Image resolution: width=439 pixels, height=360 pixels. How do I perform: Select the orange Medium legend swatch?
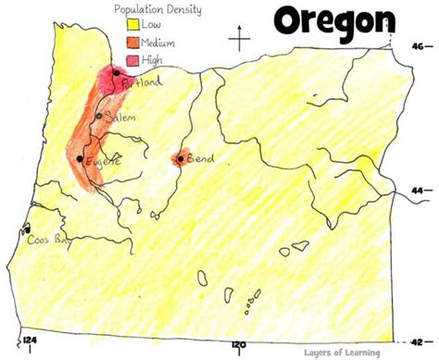pos(118,43)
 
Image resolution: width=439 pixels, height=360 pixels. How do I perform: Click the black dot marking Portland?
pos(116,72)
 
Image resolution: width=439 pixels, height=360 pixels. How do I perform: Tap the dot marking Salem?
pos(99,116)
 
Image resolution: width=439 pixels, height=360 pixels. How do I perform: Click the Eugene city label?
pos(103,161)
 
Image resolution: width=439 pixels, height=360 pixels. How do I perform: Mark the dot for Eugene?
pos(80,158)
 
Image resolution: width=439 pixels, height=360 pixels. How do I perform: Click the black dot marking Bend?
pos(180,159)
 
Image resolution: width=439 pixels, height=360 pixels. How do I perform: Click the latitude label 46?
pos(420,43)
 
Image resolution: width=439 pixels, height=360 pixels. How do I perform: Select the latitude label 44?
pos(420,190)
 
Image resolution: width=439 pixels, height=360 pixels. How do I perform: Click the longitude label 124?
pos(31,345)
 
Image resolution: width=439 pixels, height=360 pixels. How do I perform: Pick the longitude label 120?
pos(240,345)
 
